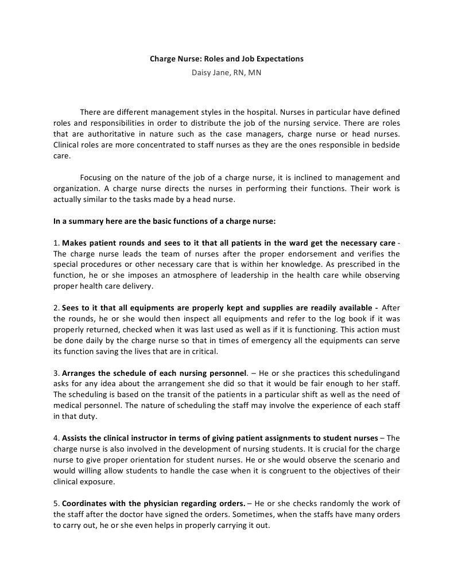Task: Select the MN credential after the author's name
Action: coord(254,73)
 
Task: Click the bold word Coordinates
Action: coord(86,503)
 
